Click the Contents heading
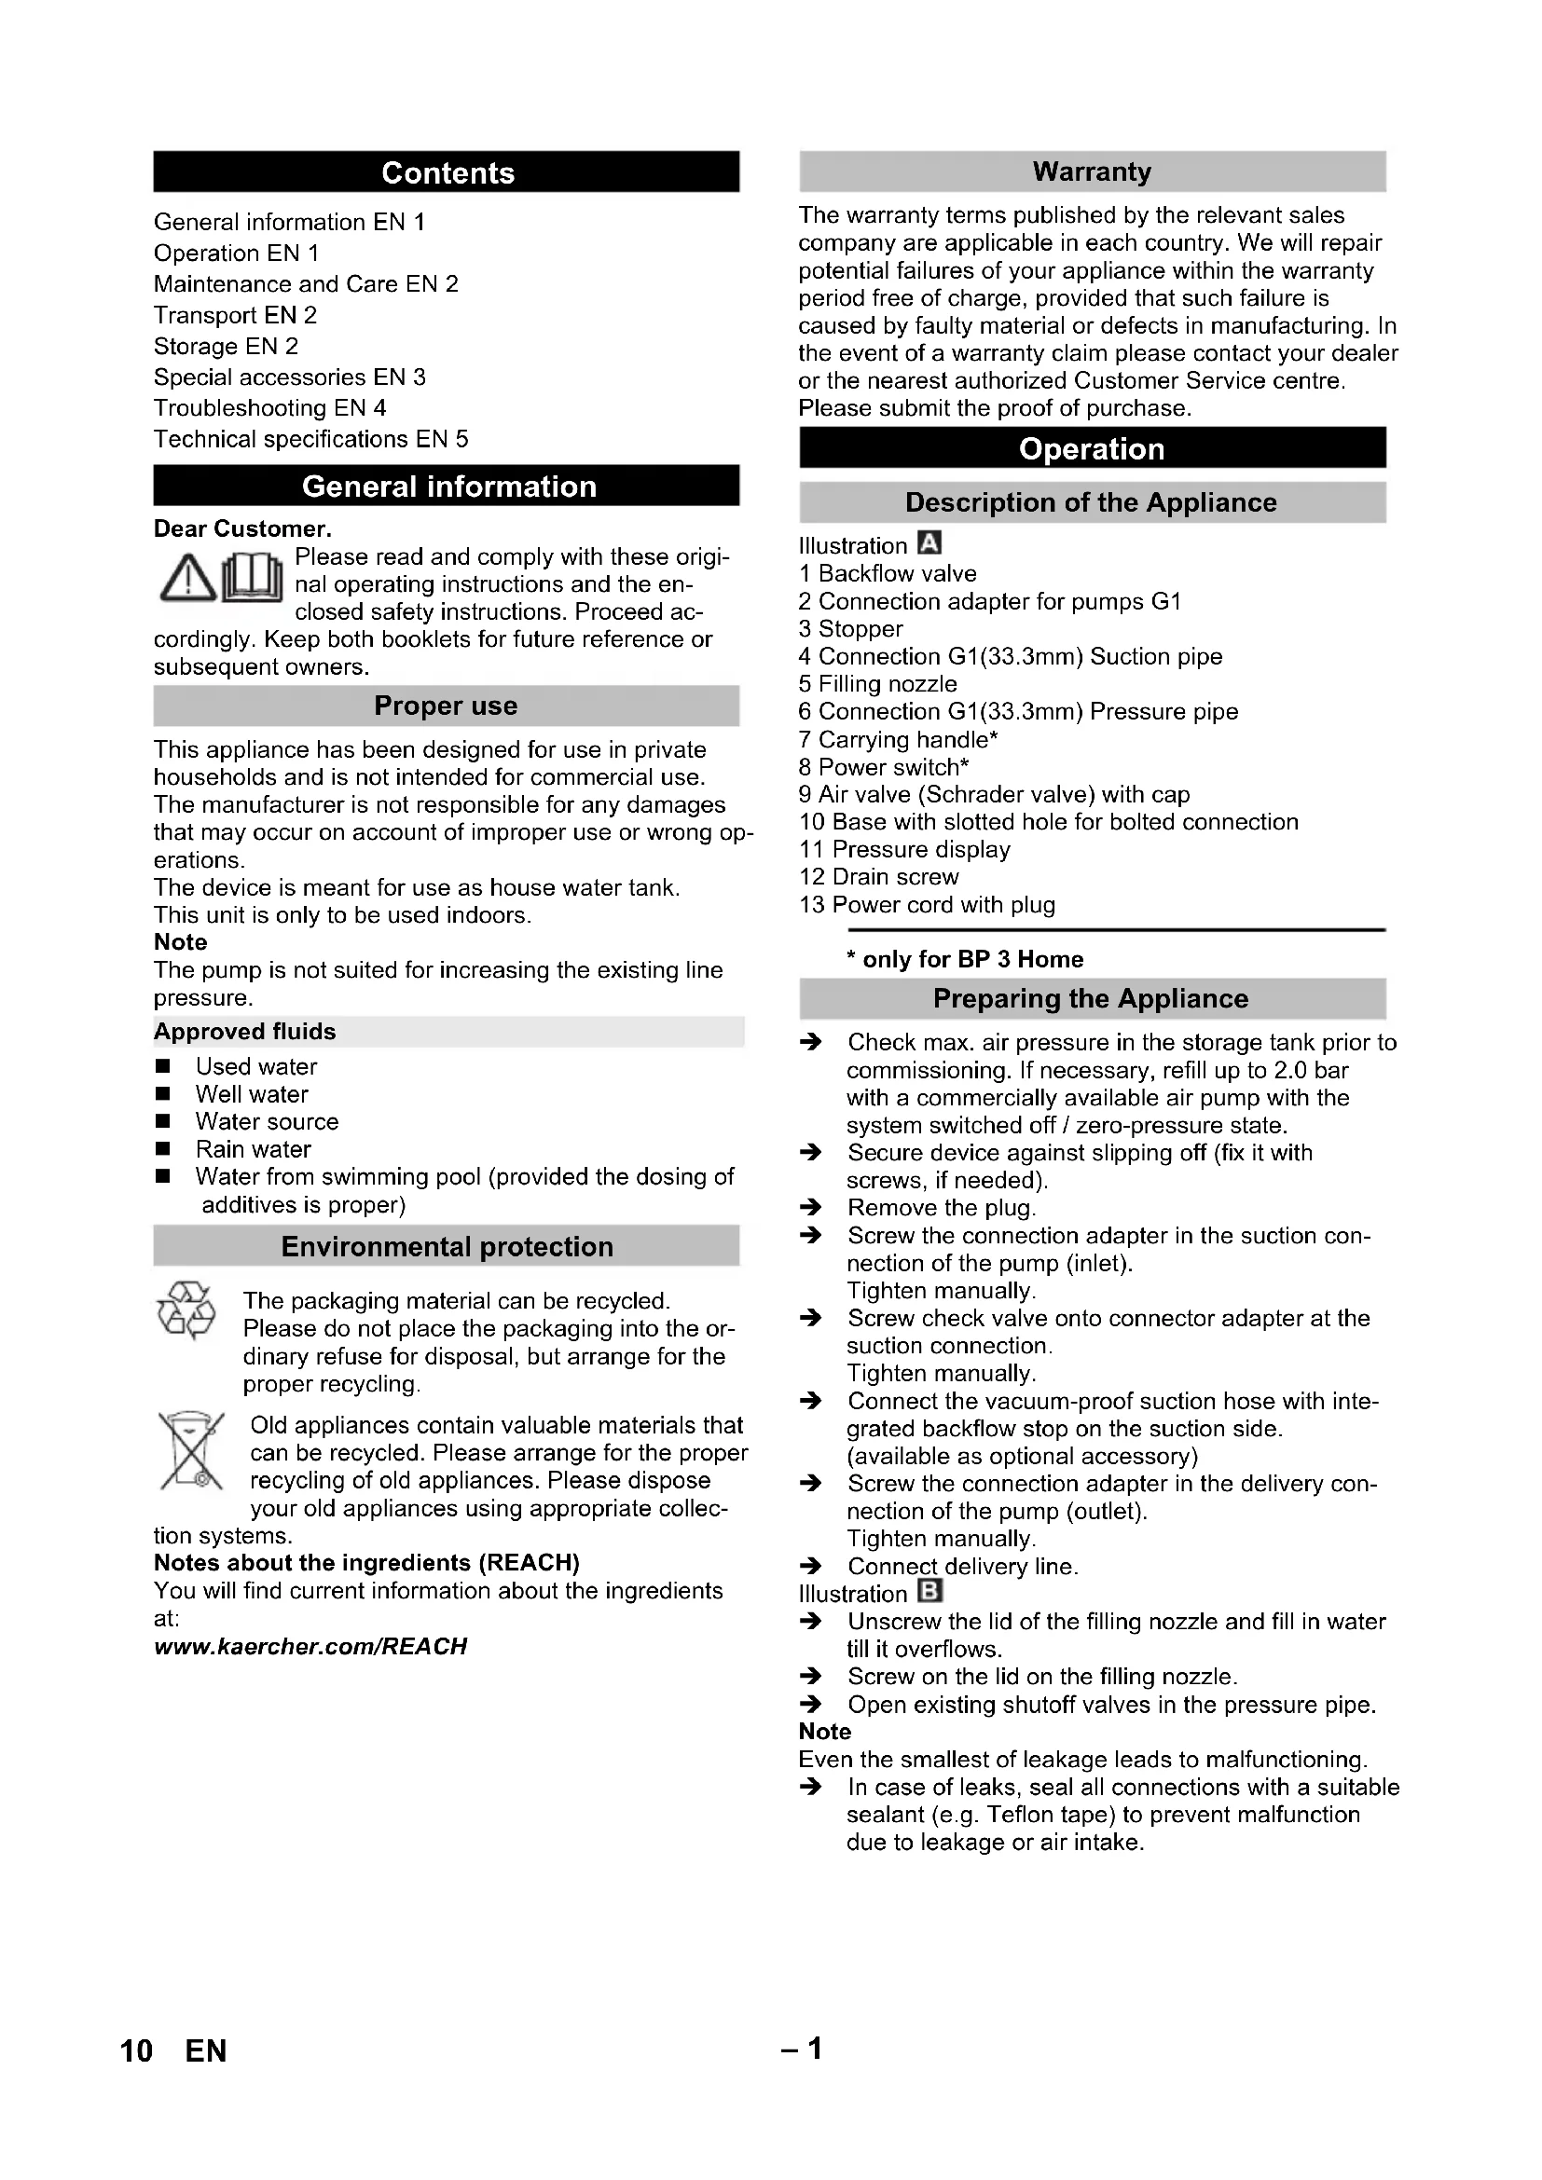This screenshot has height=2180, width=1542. (x=447, y=172)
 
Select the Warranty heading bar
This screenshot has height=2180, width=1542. (x=1092, y=171)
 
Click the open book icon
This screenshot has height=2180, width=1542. (x=253, y=578)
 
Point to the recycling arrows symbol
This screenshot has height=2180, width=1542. (x=186, y=1310)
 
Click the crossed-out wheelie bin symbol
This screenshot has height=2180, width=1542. (x=190, y=1452)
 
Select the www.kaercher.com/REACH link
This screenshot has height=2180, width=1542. (x=310, y=1646)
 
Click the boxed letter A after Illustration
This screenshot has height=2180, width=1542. (x=929, y=544)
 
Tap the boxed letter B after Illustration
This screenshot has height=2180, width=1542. (x=930, y=1592)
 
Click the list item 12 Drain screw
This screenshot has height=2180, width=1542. (x=879, y=876)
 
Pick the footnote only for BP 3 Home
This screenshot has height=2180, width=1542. (x=965, y=959)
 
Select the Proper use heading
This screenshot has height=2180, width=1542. (x=447, y=706)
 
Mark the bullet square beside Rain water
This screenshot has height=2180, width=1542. (x=163, y=1149)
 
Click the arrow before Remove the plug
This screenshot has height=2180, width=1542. (x=810, y=1208)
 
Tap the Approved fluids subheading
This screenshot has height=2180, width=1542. (x=245, y=1031)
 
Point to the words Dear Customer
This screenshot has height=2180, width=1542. (x=243, y=528)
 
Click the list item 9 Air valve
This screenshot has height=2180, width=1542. (x=994, y=794)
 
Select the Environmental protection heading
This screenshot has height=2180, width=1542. (x=447, y=1247)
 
